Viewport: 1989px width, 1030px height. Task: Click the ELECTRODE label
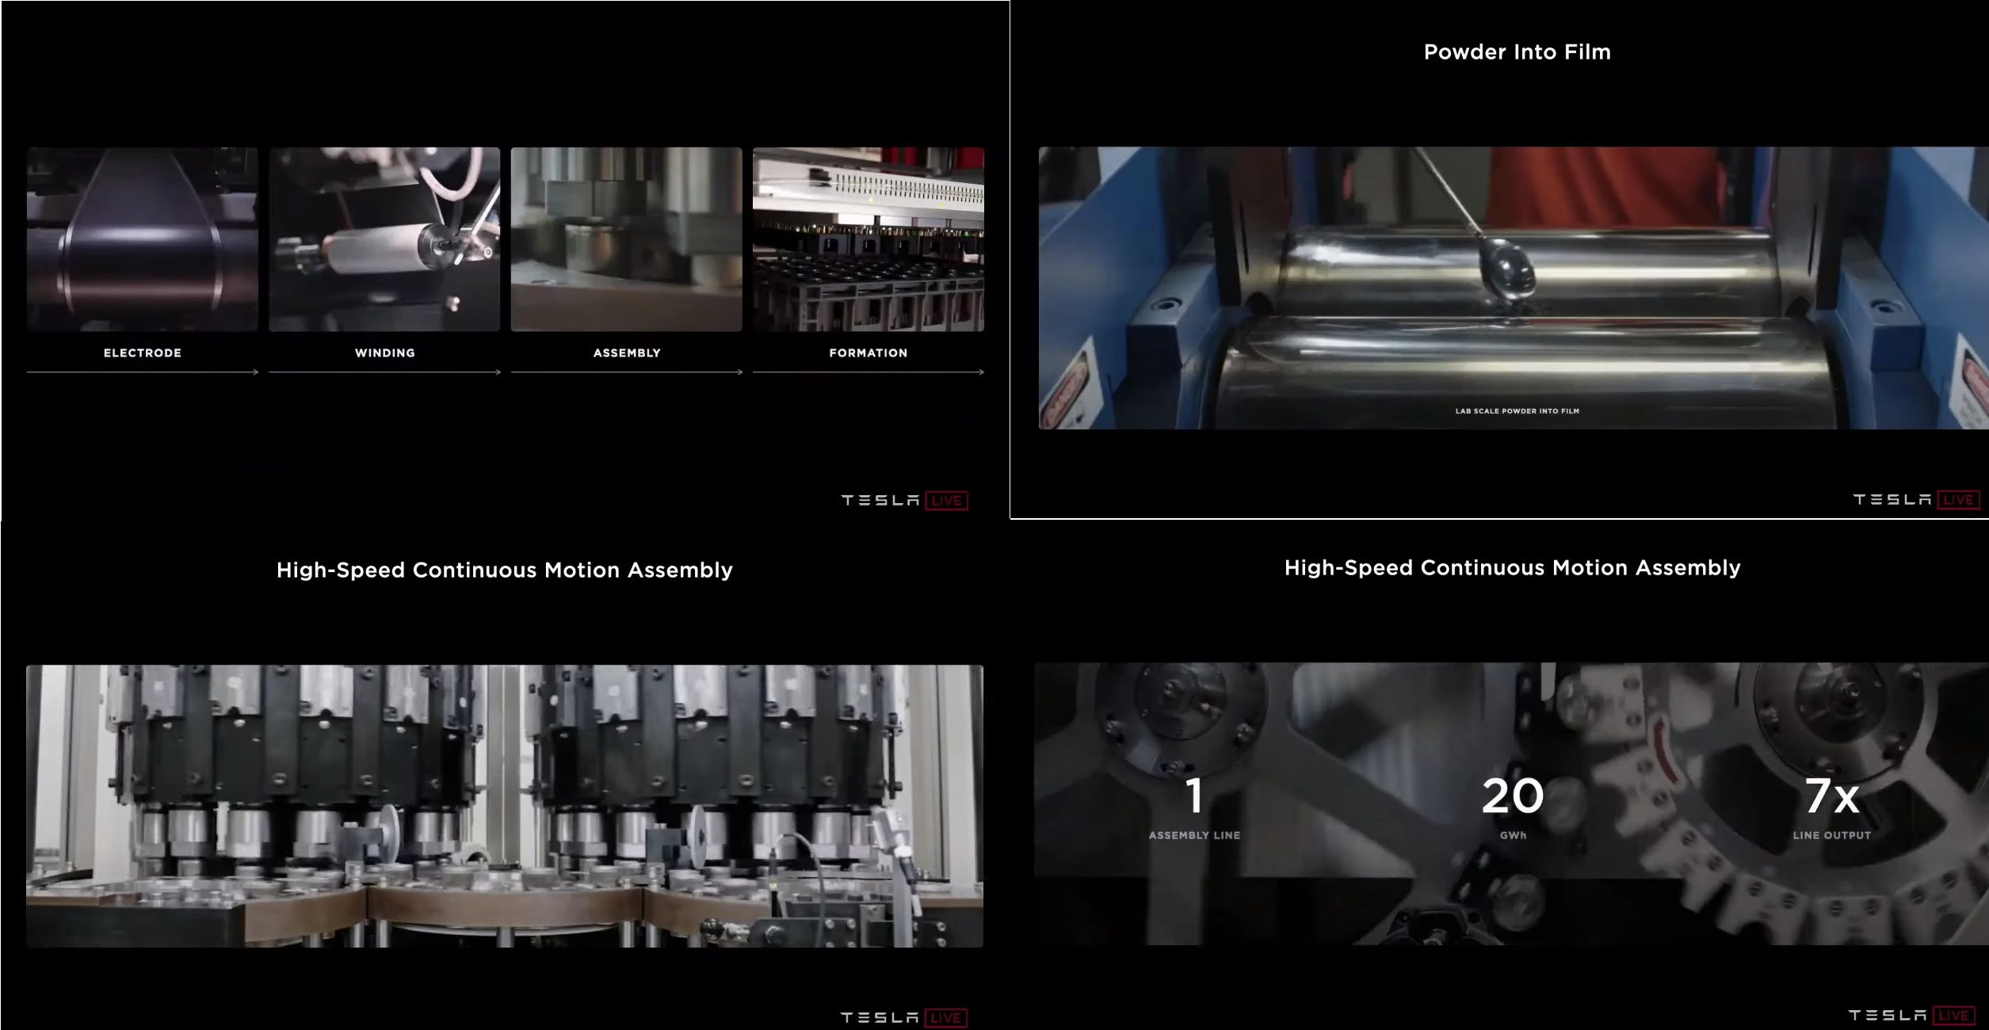(143, 353)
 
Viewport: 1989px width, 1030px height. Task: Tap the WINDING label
(385, 353)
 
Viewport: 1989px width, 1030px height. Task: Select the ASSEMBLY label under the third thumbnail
(627, 353)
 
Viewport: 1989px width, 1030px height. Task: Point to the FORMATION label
(869, 353)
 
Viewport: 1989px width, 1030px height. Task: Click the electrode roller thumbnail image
(143, 239)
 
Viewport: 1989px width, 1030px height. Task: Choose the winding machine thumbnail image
(384, 239)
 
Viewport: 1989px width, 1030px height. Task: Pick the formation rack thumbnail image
(869, 239)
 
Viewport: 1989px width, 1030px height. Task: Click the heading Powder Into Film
(1517, 52)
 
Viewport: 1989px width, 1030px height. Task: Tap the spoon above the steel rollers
(1506, 269)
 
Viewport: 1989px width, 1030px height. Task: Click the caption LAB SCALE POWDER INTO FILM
(1517, 411)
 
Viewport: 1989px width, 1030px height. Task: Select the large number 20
(1513, 795)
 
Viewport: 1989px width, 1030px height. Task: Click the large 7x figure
(1832, 795)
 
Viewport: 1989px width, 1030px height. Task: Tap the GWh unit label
(1513, 835)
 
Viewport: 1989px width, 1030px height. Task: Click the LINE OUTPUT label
(1832, 835)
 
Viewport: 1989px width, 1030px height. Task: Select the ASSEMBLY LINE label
(1195, 835)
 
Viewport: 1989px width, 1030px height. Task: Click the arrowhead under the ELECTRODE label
(256, 372)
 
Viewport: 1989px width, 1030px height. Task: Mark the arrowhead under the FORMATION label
(982, 372)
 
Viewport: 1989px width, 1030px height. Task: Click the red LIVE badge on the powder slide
(1958, 500)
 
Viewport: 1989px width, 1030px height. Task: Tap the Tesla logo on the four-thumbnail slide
(880, 501)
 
